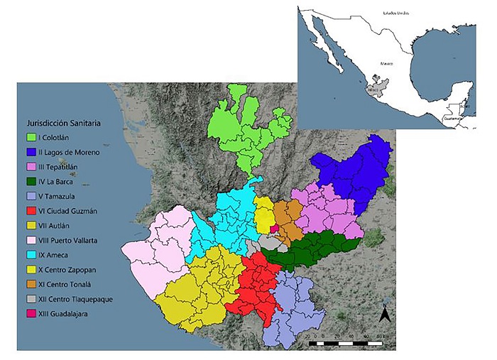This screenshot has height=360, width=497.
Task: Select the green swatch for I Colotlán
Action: point(32,137)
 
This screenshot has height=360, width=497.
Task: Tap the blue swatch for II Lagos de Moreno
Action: point(32,152)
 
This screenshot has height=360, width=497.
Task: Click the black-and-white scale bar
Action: point(349,342)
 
